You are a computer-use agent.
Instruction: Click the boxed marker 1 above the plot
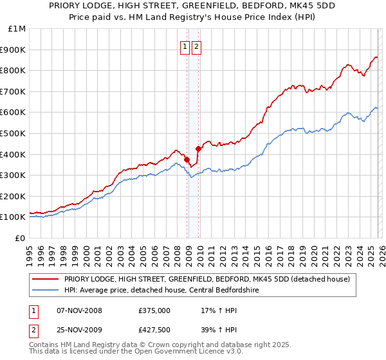(185, 46)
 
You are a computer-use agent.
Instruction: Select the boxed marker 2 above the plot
(196, 46)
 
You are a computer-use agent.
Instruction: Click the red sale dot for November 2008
(187, 159)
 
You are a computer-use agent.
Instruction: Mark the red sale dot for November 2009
(198, 148)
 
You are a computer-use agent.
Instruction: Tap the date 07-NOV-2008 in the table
(79, 310)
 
